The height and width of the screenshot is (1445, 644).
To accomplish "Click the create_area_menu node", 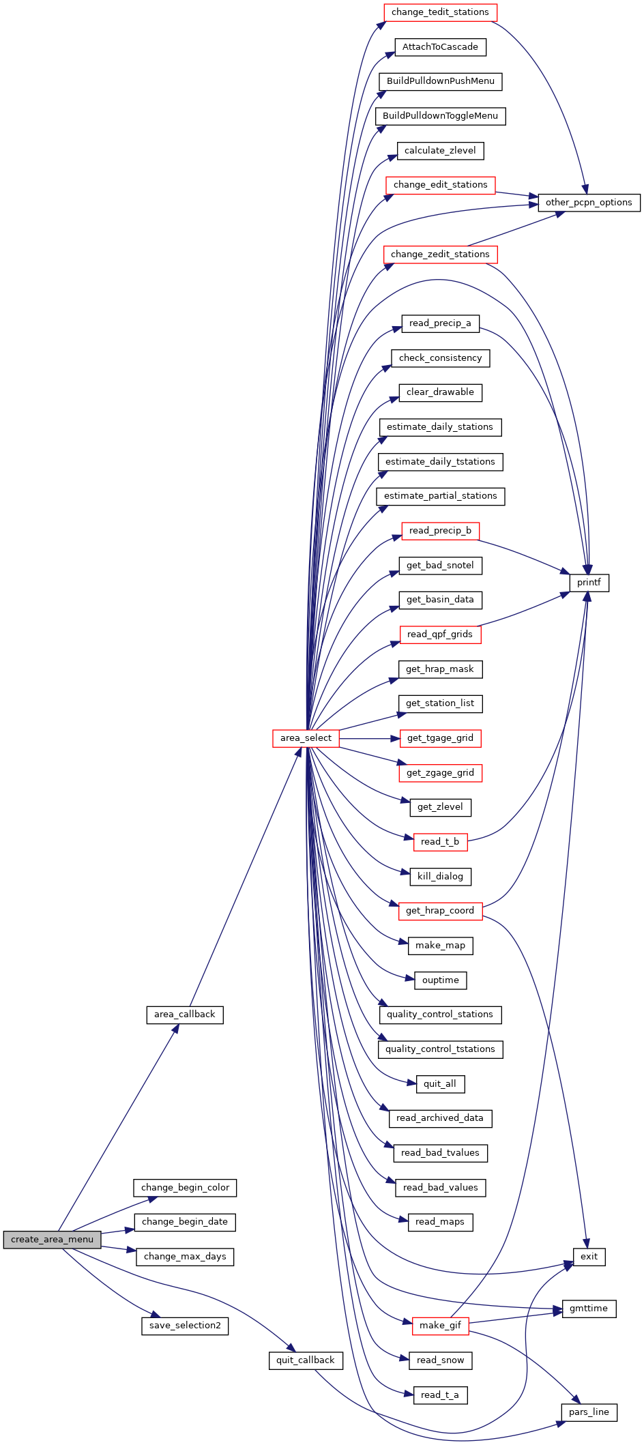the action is (52, 1240).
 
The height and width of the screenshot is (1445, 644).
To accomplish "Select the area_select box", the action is (306, 738).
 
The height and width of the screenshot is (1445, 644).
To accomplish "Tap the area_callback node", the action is (185, 1015).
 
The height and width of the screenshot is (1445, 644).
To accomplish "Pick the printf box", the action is (589, 583).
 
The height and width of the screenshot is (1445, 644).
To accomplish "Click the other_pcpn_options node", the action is (589, 203).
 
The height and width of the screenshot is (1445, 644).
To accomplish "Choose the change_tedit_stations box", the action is (440, 12).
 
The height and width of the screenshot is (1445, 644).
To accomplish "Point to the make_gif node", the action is (440, 1326).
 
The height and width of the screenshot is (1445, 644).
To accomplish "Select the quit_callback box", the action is (306, 1360).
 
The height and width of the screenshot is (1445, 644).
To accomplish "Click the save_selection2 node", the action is (185, 1326).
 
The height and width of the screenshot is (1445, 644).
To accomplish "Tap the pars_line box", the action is (589, 1412).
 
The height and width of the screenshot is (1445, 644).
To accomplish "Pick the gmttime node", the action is (589, 1309).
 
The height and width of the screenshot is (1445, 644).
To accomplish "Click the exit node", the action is (589, 1257).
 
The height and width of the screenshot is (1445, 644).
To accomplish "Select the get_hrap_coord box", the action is (440, 911).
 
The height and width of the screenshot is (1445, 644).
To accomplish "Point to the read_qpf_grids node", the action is (440, 634).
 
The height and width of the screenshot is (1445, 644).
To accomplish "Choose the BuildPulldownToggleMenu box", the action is (440, 116).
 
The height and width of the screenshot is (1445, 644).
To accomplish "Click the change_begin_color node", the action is (185, 1188).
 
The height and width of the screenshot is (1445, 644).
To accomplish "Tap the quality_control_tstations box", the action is (440, 1049).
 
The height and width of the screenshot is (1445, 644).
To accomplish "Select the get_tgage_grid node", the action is (440, 738).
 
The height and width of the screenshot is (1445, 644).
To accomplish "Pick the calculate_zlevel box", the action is (440, 151).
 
